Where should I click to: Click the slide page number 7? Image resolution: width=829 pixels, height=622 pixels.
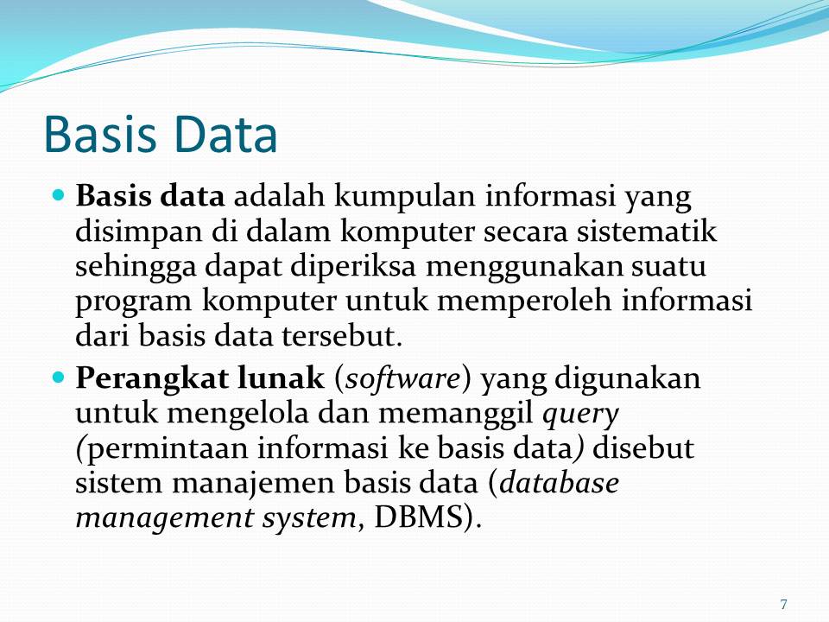783,604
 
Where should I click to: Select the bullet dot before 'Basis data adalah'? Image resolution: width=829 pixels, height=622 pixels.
60,196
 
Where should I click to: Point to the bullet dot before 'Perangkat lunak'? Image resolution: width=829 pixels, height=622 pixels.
60,378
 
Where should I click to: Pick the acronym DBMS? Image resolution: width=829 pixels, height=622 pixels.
421,517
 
